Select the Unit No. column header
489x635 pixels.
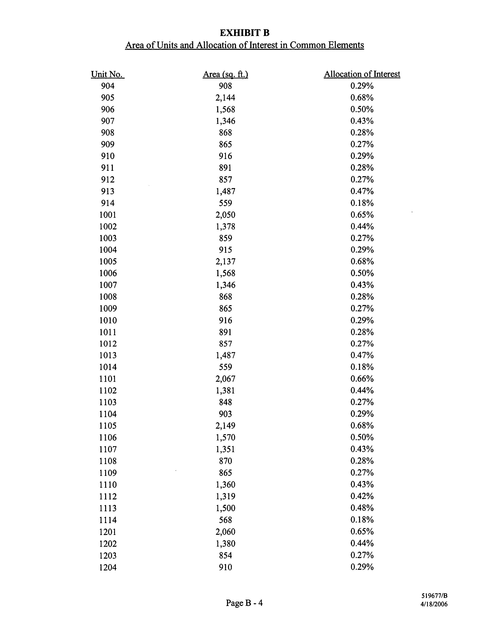(107, 74)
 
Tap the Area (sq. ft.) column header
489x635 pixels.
(225, 74)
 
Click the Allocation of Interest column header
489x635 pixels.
(362, 74)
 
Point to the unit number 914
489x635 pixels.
(107, 203)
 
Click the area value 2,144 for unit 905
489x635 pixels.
(225, 98)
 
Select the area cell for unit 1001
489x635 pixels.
(225, 215)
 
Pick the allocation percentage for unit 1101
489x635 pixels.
(362, 378)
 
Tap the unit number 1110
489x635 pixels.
(108, 484)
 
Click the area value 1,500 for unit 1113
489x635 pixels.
(225, 508)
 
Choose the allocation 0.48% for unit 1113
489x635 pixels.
(362, 508)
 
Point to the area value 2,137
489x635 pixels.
(225, 261)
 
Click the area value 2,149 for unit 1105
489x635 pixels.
(225, 426)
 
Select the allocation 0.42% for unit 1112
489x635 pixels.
(362, 496)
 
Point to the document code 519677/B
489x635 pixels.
(434, 595)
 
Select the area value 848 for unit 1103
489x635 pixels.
(225, 402)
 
